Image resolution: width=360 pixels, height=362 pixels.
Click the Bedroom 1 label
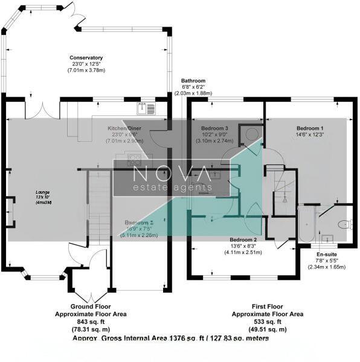310,129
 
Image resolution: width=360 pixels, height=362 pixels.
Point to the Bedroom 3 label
214,129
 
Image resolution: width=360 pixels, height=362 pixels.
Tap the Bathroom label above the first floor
194,81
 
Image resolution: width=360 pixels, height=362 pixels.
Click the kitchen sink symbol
146,109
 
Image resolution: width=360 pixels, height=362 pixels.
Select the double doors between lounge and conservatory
43,110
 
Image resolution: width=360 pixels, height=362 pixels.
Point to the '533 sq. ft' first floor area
268,321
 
